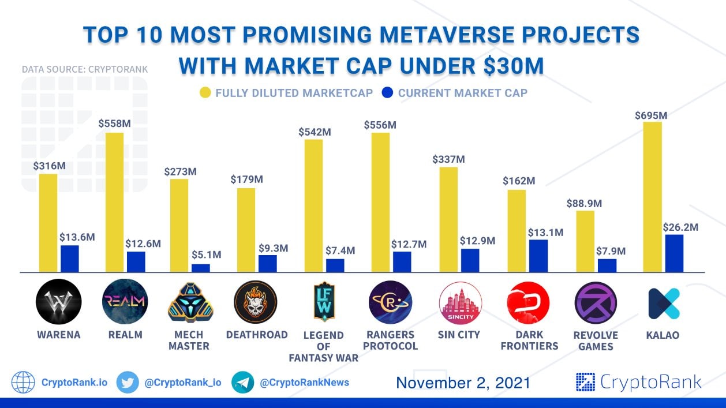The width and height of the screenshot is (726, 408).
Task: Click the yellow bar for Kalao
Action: (653, 197)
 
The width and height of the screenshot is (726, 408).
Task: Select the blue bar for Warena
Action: (69, 259)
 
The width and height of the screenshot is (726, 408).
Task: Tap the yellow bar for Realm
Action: (115, 202)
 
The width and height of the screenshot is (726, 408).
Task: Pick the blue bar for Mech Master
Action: (201, 268)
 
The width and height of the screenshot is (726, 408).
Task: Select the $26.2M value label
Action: (681, 227)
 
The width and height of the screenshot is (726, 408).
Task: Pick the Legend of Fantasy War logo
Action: (323, 301)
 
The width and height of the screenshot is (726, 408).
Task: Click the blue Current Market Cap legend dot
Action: (387, 92)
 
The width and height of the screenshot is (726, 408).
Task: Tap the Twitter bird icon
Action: (127, 382)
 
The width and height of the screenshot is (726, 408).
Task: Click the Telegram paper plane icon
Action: (242, 382)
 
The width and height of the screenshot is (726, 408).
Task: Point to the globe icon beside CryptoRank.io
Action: (23, 382)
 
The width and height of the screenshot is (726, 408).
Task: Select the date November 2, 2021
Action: (463, 383)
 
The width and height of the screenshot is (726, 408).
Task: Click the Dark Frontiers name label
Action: (529, 340)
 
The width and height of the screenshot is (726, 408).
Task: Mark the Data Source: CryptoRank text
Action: (85, 69)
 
